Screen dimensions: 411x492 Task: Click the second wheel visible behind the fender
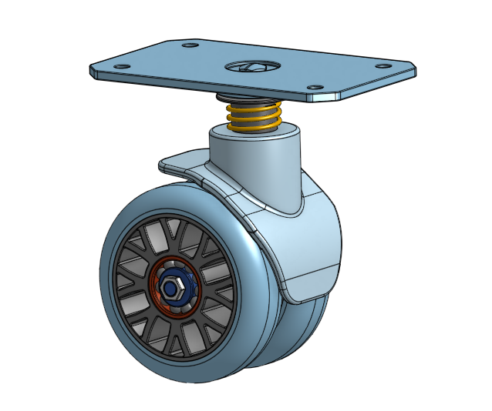[308, 323]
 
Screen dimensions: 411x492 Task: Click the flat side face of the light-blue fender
[308, 246]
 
